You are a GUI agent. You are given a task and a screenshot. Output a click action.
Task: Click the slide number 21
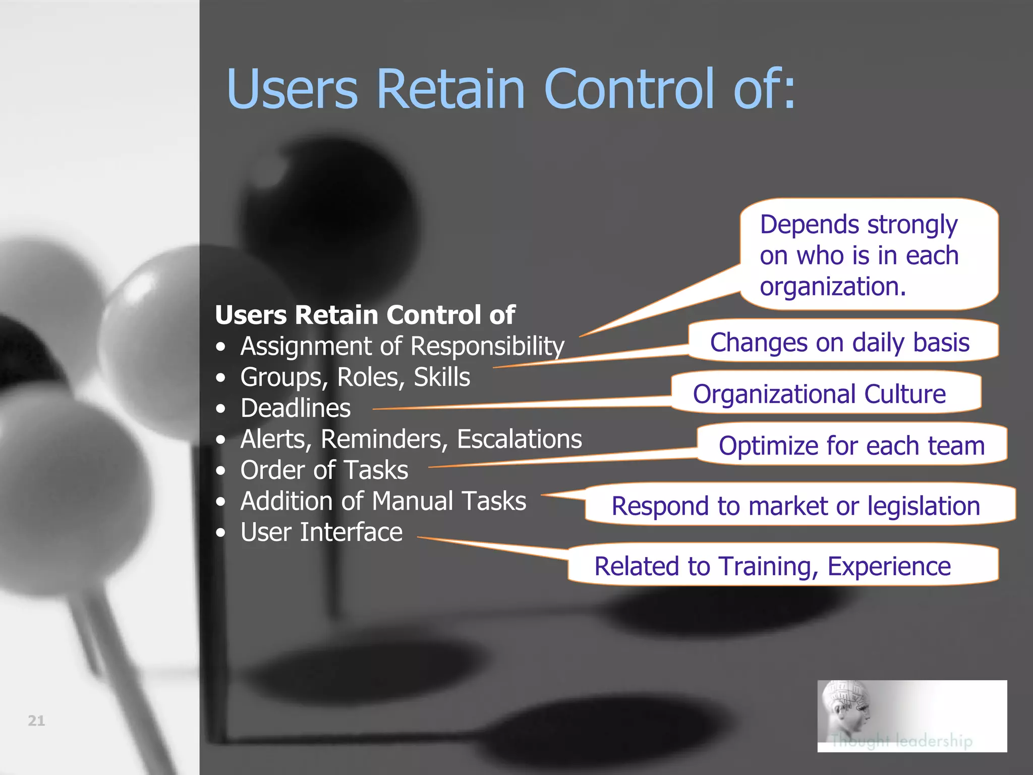click(x=36, y=721)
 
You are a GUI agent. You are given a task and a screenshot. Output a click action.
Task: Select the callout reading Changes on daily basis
click(x=839, y=343)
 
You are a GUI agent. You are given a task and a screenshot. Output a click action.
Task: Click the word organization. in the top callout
click(x=833, y=287)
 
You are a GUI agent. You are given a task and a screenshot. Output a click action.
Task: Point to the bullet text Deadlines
click(x=295, y=408)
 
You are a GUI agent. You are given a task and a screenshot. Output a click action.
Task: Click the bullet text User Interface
click(x=321, y=532)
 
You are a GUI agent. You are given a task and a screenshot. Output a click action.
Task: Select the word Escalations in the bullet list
click(x=519, y=439)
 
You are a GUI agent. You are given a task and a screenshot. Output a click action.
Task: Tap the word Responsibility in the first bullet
click(x=487, y=347)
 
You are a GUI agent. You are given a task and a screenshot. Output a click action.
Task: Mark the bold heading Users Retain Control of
click(x=365, y=315)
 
